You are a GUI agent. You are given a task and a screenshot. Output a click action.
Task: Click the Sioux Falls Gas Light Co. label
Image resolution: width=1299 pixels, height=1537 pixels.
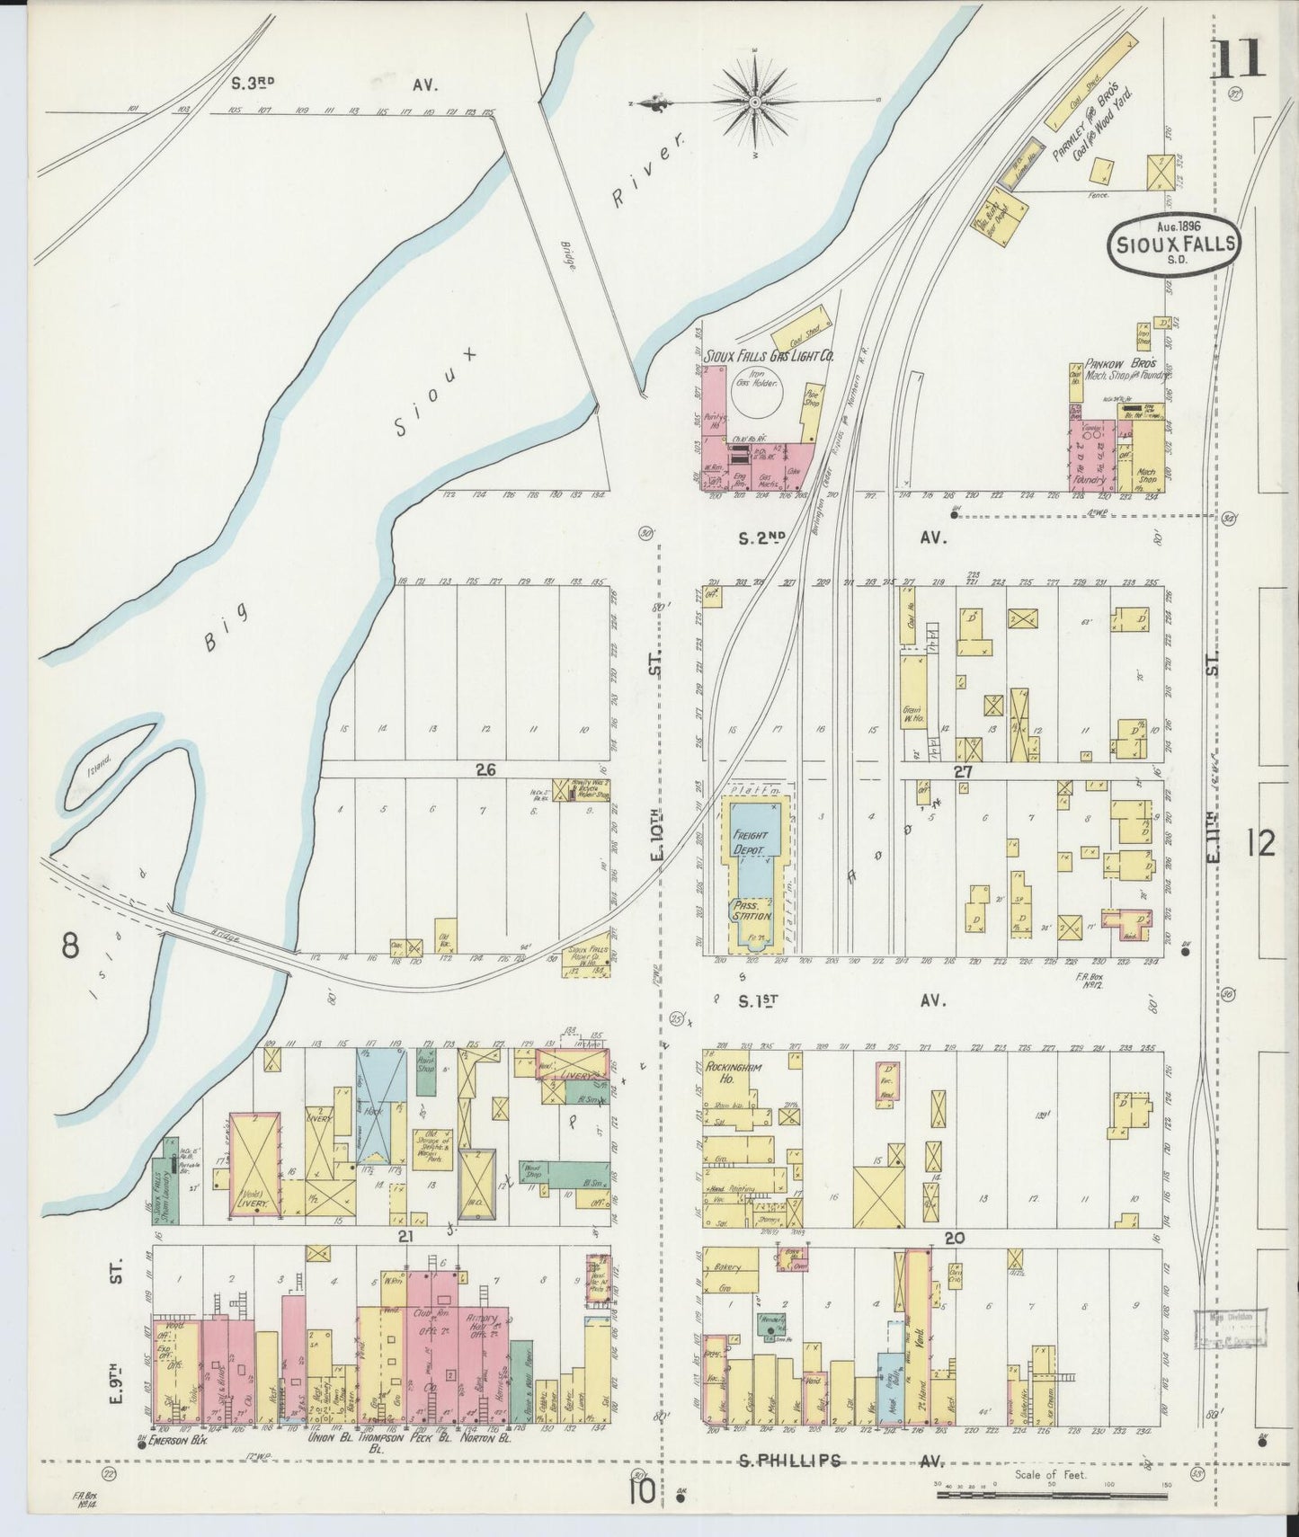click(x=763, y=356)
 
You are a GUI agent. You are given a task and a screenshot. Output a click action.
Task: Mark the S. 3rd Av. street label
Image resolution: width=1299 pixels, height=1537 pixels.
click(x=333, y=84)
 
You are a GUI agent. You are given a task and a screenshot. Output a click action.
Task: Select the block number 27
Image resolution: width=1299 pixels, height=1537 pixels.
click(x=964, y=770)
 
